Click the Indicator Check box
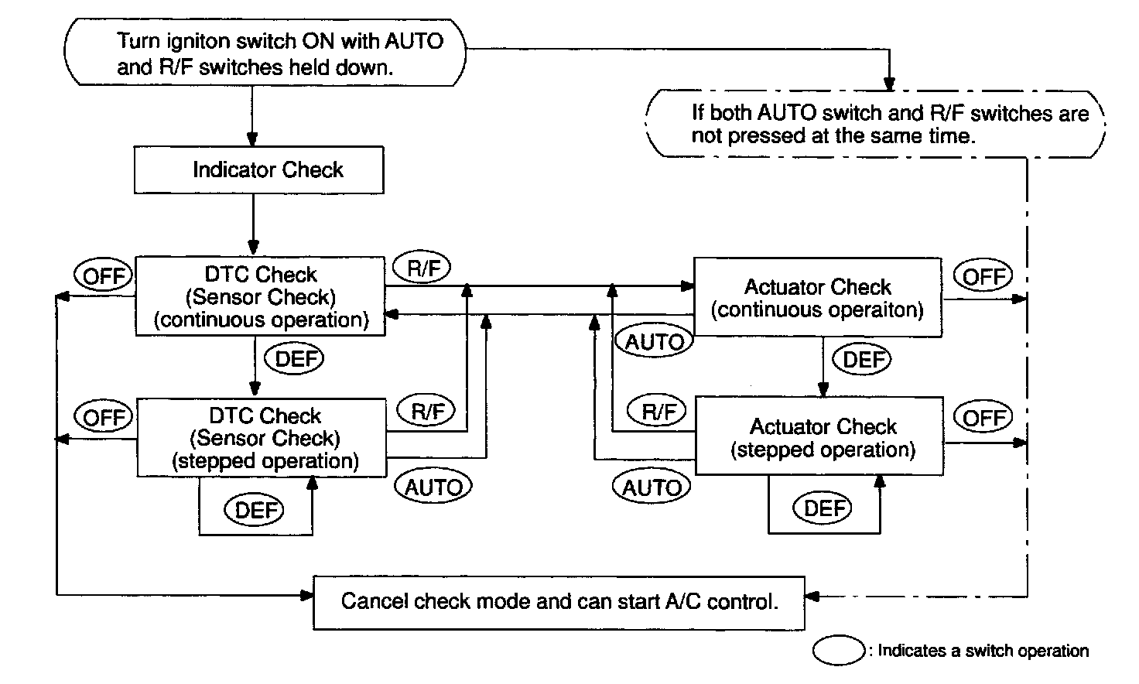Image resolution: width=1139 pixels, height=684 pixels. click(258, 170)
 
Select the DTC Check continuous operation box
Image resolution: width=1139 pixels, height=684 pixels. click(260, 296)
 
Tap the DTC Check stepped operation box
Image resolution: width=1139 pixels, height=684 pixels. click(262, 437)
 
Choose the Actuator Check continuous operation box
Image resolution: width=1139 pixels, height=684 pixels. click(818, 297)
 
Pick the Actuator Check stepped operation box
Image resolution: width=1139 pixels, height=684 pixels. click(819, 436)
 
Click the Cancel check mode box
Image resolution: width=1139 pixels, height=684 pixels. click(559, 603)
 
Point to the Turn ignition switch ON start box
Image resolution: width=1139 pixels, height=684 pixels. click(265, 53)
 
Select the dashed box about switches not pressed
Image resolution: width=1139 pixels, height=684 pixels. click(876, 124)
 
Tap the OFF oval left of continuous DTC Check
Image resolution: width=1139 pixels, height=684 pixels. click(103, 275)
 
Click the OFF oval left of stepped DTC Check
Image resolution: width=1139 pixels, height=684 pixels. click(103, 416)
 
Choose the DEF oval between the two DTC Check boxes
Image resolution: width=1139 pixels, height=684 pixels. click(294, 359)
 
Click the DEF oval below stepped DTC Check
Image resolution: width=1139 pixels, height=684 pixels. click(254, 510)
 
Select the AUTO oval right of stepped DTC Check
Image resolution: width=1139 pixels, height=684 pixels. click(433, 487)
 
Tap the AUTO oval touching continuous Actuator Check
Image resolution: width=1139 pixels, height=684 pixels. click(654, 340)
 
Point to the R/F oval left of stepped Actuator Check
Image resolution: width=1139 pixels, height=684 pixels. click(656, 410)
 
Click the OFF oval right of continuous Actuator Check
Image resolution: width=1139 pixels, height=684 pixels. click(983, 276)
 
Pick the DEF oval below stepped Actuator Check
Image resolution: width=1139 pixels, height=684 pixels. click(822, 508)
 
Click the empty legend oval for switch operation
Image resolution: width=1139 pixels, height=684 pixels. click(839, 651)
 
